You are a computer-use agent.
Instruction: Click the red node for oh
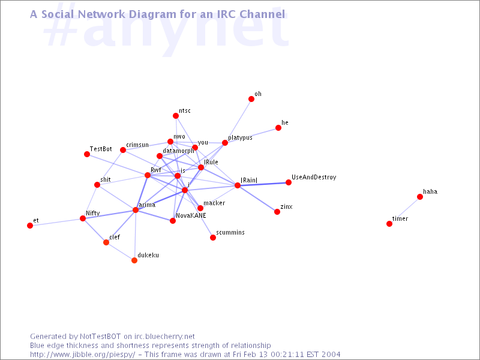(251, 99)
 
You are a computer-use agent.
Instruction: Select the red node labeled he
(278, 128)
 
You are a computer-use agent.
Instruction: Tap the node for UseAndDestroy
(289, 182)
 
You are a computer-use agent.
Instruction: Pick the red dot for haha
(420, 197)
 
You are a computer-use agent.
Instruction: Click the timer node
(389, 224)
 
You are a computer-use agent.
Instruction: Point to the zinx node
(277, 212)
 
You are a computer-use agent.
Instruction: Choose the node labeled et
(30, 226)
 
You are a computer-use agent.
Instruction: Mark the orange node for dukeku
(134, 260)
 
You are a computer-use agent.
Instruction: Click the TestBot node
(87, 154)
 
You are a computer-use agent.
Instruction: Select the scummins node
(213, 238)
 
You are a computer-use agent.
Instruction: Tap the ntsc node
(176, 116)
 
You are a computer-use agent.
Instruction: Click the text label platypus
(241, 138)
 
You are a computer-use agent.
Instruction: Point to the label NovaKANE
(191, 215)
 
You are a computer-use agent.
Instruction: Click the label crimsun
(137, 145)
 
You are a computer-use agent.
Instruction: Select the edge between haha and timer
(404, 211)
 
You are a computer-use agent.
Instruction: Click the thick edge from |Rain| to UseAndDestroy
(263, 184)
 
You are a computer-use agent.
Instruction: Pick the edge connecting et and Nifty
(56, 222)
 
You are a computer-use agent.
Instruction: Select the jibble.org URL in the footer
(83, 355)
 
